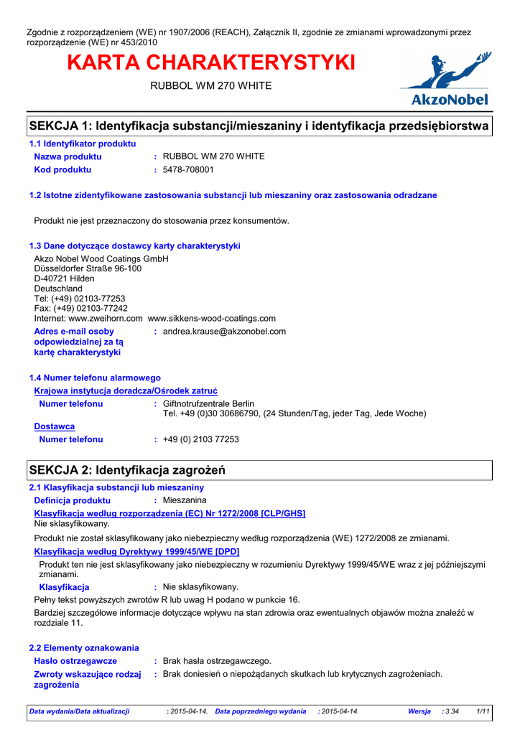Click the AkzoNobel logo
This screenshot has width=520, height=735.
(445, 80)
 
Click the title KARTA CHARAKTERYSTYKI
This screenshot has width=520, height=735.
(210, 63)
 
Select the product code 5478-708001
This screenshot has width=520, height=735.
(188, 170)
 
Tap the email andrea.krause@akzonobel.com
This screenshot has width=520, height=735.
(224, 332)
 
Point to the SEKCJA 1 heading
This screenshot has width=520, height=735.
(259, 126)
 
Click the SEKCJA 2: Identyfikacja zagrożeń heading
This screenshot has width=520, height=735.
(127, 471)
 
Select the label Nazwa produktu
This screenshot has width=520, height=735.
(68, 156)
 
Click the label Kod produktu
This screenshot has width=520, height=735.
(62, 170)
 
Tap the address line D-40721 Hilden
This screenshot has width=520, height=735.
(64, 278)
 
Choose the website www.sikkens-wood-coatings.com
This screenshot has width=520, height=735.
(211, 318)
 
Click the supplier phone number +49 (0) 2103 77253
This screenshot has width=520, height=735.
(201, 439)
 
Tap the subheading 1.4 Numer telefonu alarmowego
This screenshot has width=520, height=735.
(95, 378)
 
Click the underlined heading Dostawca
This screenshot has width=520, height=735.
(55, 426)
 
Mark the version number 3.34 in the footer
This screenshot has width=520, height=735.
(452, 711)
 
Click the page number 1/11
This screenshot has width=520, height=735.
(483, 711)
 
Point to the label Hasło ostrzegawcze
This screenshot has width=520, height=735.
(75, 660)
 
